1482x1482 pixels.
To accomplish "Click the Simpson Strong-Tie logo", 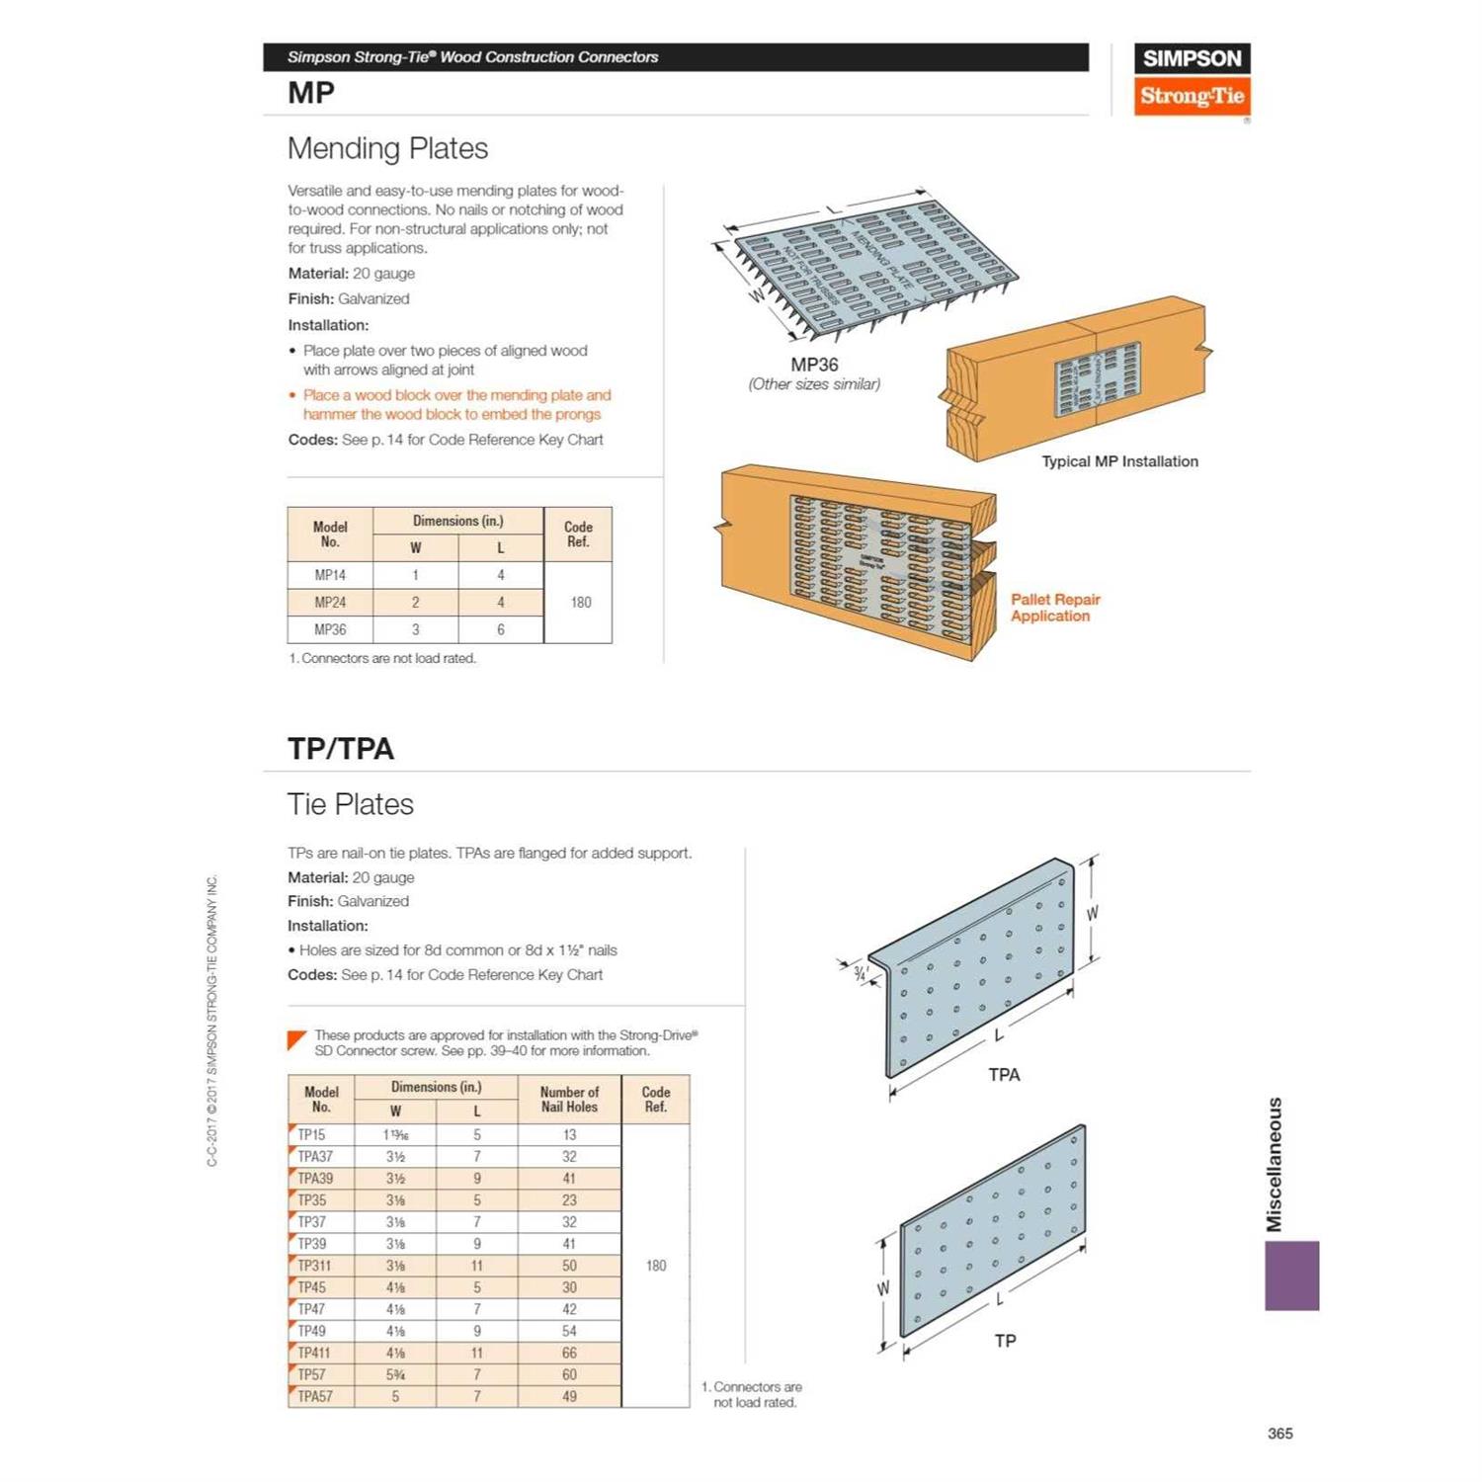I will (x=1192, y=79).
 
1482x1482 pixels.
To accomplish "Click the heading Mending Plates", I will (x=387, y=148).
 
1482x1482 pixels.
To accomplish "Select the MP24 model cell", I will (x=330, y=602).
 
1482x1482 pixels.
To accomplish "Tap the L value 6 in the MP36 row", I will (x=501, y=629).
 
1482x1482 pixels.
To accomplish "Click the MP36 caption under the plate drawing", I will (x=814, y=365).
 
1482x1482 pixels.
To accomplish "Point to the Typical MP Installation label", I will (x=1119, y=461).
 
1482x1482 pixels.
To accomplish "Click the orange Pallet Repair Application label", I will (x=1054, y=608).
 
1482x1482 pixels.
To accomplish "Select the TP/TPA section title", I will (x=341, y=749).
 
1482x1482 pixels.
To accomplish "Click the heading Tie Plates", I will (x=351, y=804).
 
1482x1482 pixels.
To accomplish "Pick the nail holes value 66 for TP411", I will (x=569, y=1353).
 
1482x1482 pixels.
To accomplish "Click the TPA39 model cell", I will (x=316, y=1179).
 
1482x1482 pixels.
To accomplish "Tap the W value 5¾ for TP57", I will (x=395, y=1374).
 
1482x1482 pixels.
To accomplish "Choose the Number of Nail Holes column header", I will (x=569, y=1100).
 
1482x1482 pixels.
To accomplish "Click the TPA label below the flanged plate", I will (x=1004, y=1075).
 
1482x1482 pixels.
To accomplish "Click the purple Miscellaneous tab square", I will (x=1291, y=1276).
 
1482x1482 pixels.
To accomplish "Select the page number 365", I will (x=1279, y=1434).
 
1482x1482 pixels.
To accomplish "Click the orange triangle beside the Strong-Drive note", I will (x=296, y=1040).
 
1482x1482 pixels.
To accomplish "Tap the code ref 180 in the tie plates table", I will (x=656, y=1266).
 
